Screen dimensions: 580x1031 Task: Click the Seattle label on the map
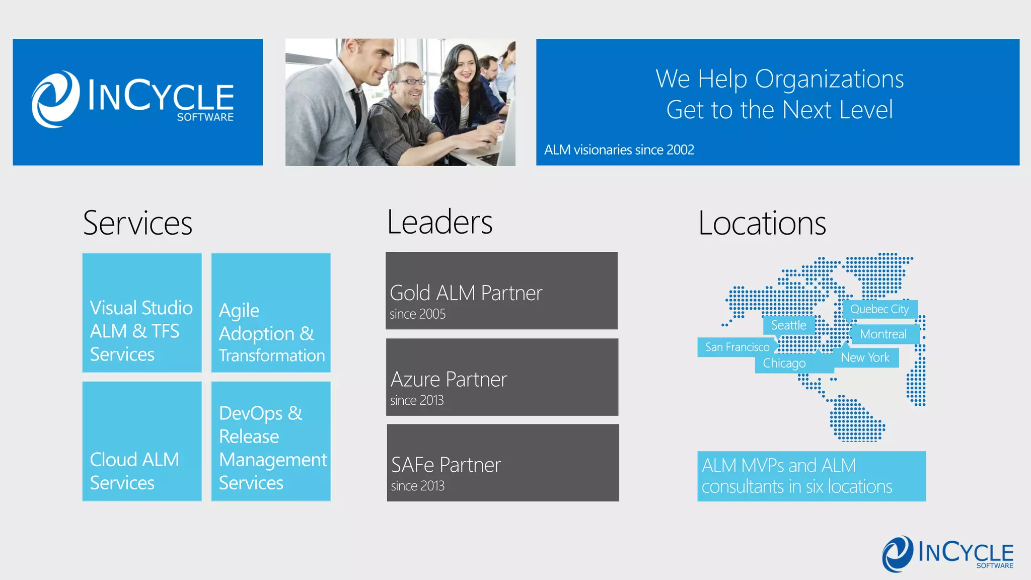(x=788, y=325)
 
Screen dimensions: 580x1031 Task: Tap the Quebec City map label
(x=879, y=309)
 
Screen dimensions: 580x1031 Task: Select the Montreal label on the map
(x=883, y=334)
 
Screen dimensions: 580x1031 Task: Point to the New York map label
(x=865, y=357)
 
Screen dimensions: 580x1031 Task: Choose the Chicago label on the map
(x=784, y=363)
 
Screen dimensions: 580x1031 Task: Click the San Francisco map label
(x=737, y=347)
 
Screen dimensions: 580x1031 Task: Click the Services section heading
(x=137, y=223)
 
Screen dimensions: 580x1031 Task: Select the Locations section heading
(x=762, y=223)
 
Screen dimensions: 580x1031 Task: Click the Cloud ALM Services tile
(x=142, y=441)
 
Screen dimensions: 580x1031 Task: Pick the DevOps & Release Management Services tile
(x=271, y=441)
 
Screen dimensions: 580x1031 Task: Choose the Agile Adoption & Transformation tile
(x=271, y=313)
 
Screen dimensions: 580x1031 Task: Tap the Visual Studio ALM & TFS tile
(x=142, y=313)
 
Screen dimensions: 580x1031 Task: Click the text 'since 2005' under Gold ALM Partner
(x=417, y=314)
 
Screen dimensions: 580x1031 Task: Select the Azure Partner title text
(x=449, y=379)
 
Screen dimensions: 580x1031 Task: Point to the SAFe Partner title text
(x=446, y=465)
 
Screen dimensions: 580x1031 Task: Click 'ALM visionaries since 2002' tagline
(x=619, y=150)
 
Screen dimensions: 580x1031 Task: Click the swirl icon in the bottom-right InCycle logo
(x=897, y=553)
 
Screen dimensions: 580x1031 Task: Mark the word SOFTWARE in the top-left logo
(x=205, y=117)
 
